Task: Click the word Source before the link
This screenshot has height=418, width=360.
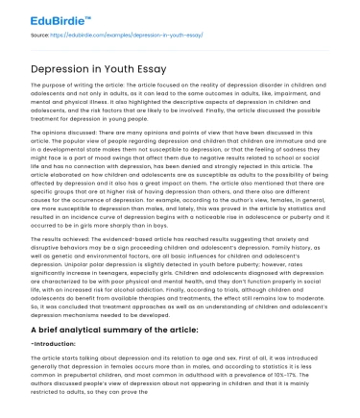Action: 40,34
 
